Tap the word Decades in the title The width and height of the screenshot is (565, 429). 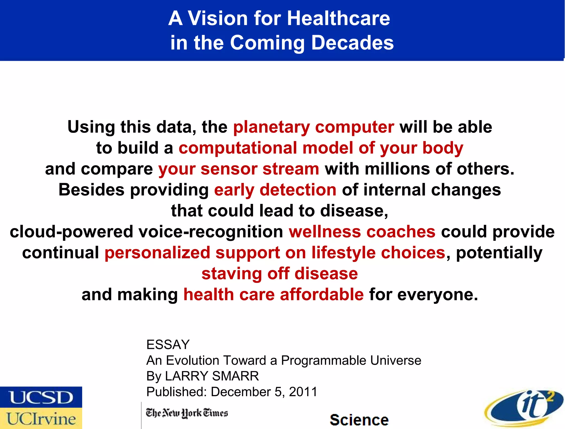coord(352,43)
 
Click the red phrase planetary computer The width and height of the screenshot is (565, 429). coord(314,127)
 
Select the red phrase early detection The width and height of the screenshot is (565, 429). coord(275,190)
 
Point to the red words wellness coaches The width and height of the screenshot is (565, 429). coord(362,232)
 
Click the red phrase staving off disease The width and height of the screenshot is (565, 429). coord(279,274)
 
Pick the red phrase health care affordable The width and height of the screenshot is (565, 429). coord(273,294)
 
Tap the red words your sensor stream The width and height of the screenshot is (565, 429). coord(239,169)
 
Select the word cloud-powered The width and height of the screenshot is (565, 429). coord(71,232)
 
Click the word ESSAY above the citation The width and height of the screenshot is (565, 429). coord(168,344)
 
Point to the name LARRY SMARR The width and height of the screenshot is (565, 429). coord(212,376)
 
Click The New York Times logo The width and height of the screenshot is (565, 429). coord(187,413)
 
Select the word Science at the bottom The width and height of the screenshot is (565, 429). coord(359,420)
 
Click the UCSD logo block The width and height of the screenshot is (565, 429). coord(41,397)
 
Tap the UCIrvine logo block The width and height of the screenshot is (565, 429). coord(41,419)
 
